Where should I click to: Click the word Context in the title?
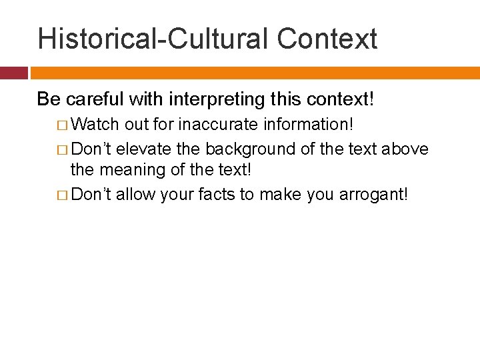pyautogui.click(x=327, y=39)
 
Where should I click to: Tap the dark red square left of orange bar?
pyautogui.click(x=13, y=73)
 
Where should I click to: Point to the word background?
pyautogui.click(x=251, y=149)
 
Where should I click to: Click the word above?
pyautogui.click(x=405, y=149)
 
